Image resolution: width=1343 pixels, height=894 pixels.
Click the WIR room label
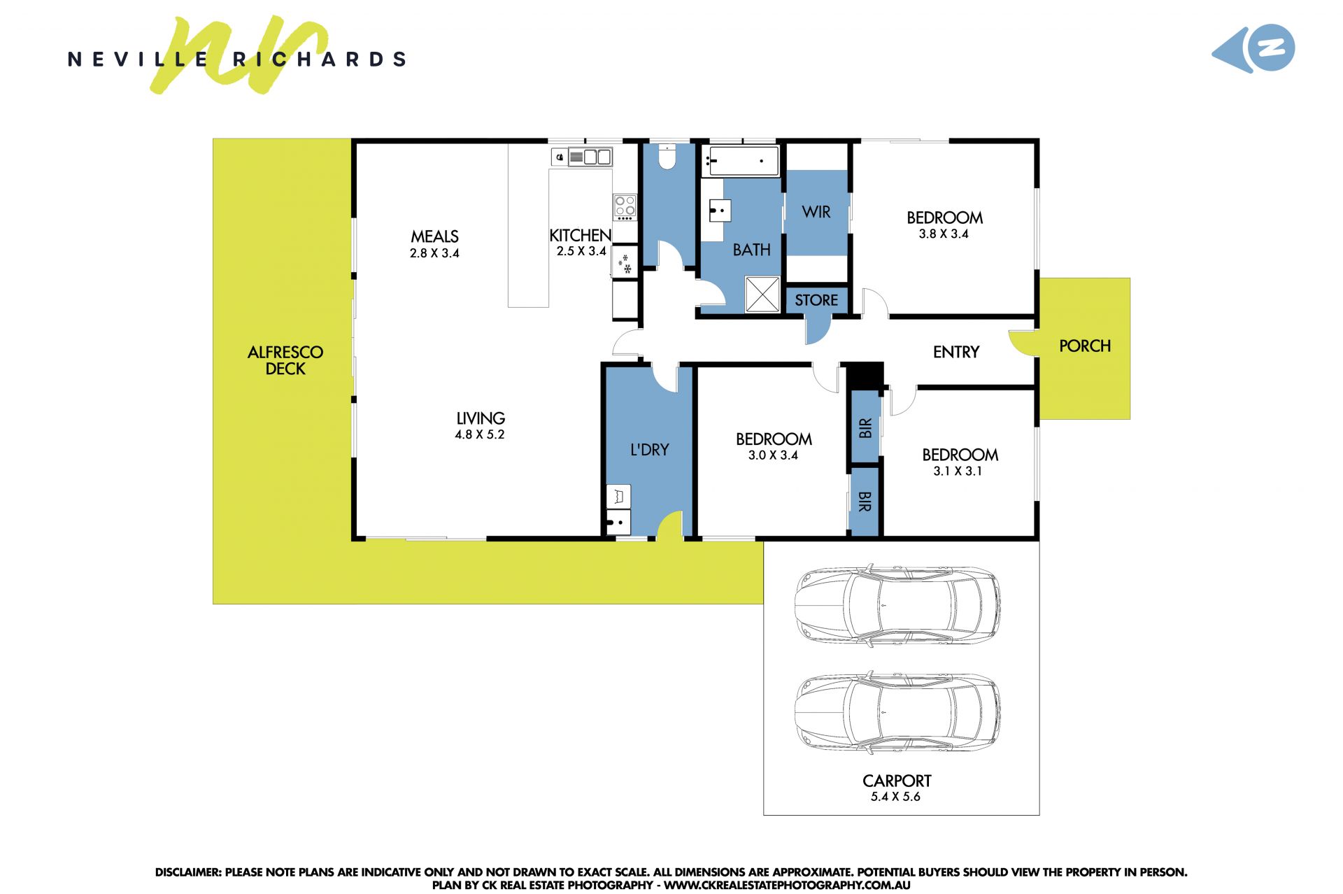coord(816,212)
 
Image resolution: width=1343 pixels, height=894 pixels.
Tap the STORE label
coord(816,300)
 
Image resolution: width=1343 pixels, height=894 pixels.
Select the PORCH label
coord(1085,346)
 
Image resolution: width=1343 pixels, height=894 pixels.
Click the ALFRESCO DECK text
coord(285,360)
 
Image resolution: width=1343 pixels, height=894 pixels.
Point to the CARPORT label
coord(897,781)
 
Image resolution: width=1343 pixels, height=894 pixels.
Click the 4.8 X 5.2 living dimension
coord(480,434)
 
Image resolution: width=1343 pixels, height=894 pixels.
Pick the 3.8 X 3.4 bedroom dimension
coord(944,234)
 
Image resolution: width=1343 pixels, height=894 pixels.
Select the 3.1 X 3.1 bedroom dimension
coord(958,471)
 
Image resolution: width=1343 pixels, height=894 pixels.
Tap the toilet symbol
coord(667,157)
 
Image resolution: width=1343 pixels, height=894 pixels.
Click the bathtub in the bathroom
coord(743,161)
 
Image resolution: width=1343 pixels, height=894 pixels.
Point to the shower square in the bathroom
coord(762,294)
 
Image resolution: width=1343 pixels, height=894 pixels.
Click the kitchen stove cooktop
coord(625,207)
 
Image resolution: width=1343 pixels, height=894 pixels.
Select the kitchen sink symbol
coord(590,157)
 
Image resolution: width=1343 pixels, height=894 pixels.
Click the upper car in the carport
coord(897,605)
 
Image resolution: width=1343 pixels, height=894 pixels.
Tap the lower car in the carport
coord(897,713)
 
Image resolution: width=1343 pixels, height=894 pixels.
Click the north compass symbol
coord(1254,48)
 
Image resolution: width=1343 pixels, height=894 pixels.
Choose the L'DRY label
coord(650,450)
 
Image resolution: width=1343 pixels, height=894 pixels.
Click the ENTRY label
coord(956,352)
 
